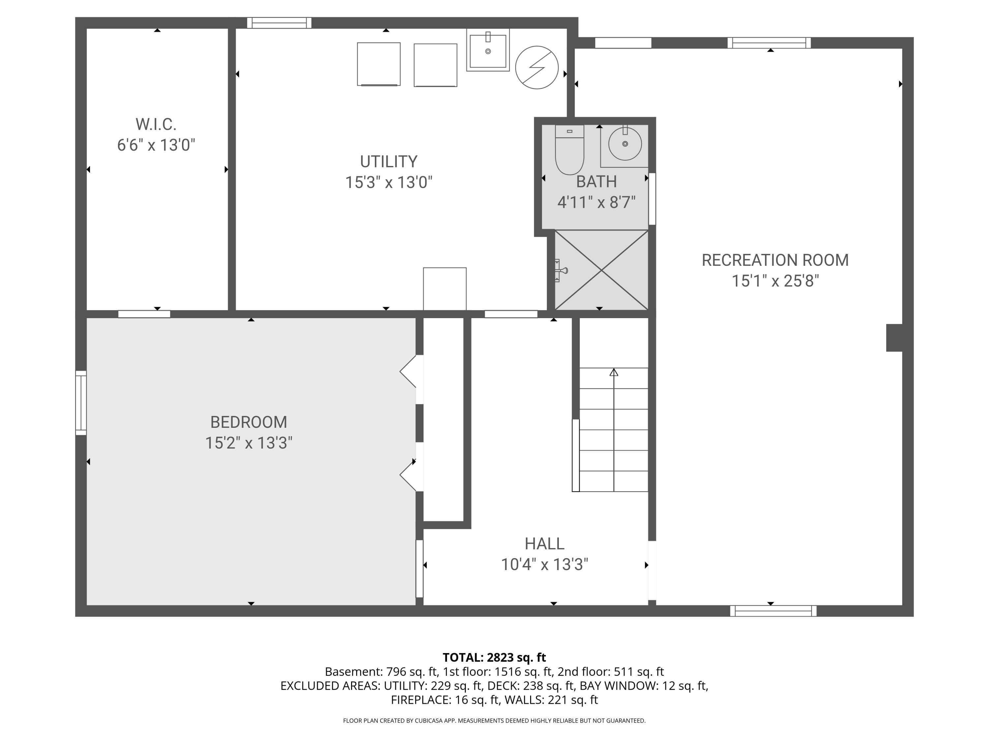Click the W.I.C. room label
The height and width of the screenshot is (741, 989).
click(x=156, y=124)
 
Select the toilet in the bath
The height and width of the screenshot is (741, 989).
click(x=569, y=151)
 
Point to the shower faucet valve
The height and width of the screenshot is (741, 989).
click(x=561, y=270)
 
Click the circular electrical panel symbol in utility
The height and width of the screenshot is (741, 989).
click(x=536, y=68)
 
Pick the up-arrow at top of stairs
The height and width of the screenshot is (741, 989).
click(x=614, y=372)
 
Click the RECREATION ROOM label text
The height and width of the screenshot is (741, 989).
click(x=774, y=260)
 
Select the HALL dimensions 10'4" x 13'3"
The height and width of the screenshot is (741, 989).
click(x=544, y=564)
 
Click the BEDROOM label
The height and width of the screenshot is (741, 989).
click(x=249, y=422)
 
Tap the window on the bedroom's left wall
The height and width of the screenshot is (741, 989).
click(x=81, y=402)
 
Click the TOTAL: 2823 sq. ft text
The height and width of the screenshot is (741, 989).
click(x=494, y=657)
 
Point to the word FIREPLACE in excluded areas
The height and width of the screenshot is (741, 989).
click(x=420, y=700)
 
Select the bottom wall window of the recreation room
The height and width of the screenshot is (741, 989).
click(x=773, y=611)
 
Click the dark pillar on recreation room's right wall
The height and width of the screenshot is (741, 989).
click(x=894, y=338)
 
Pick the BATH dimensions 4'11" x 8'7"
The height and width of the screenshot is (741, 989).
click(x=596, y=202)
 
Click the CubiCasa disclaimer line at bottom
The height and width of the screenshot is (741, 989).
click(x=494, y=721)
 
